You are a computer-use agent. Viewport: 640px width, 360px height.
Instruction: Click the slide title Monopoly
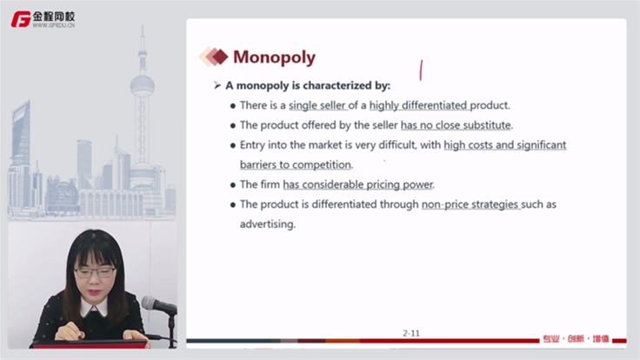click(x=274, y=57)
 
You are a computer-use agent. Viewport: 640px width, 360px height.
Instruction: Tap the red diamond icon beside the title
click(x=220, y=57)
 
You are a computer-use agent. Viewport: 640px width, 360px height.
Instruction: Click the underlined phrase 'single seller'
click(x=317, y=105)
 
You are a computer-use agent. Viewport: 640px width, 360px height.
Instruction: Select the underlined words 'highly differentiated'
click(x=418, y=105)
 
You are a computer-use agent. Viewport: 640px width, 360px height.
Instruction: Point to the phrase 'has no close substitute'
click(x=456, y=125)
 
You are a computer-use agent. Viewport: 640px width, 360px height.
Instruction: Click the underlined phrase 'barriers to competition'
click(x=296, y=164)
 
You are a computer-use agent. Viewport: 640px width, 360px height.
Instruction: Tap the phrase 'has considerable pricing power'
click(x=357, y=184)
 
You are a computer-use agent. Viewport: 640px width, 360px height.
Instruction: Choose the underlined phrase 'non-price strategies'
click(x=470, y=204)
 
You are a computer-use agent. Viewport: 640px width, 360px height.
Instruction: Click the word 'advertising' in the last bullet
click(x=267, y=224)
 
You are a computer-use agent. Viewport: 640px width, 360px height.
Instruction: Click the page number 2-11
click(x=411, y=333)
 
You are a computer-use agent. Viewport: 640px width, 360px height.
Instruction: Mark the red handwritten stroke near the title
click(x=421, y=70)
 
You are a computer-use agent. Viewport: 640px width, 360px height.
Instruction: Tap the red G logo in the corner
click(x=21, y=19)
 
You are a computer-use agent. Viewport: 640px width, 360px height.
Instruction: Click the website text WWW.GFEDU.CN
click(x=53, y=25)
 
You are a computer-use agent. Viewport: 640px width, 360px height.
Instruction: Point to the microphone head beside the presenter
click(x=150, y=303)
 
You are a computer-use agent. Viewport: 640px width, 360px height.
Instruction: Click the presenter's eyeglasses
click(x=94, y=272)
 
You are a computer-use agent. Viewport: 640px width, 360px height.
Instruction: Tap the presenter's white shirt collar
click(x=93, y=308)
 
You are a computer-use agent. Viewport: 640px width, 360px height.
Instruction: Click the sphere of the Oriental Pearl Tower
click(x=143, y=86)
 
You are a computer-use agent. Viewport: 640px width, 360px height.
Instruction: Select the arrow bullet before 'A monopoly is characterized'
click(x=217, y=85)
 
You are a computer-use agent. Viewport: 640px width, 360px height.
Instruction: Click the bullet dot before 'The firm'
click(x=233, y=185)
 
